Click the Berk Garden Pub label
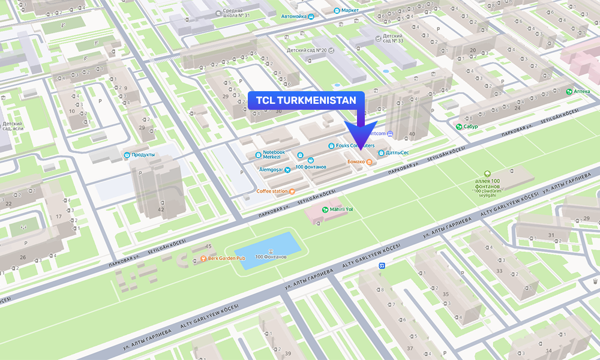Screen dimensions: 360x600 [224, 258]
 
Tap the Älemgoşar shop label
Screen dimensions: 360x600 [274, 170]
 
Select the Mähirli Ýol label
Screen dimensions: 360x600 [340, 209]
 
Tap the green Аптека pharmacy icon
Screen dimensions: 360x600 [569, 92]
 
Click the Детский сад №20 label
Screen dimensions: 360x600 [306, 50]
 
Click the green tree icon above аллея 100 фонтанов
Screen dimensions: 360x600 [487, 172]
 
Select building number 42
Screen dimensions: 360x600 [160, 209]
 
